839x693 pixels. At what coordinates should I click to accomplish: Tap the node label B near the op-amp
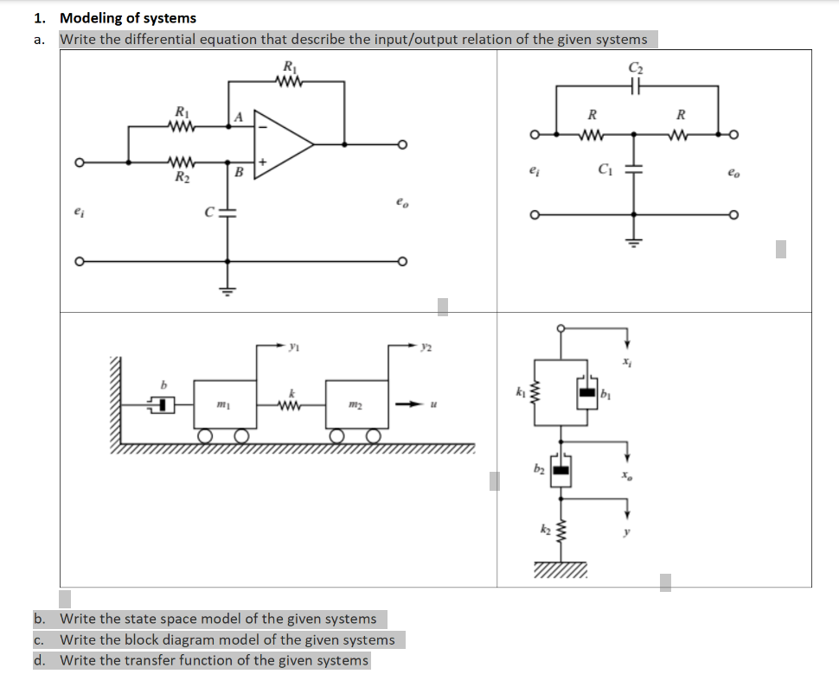237,173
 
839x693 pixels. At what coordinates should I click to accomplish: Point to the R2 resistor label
182,178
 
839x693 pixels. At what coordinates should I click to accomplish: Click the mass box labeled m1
224,404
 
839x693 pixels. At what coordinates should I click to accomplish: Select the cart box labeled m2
356,404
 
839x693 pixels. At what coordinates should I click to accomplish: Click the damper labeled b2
560,470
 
